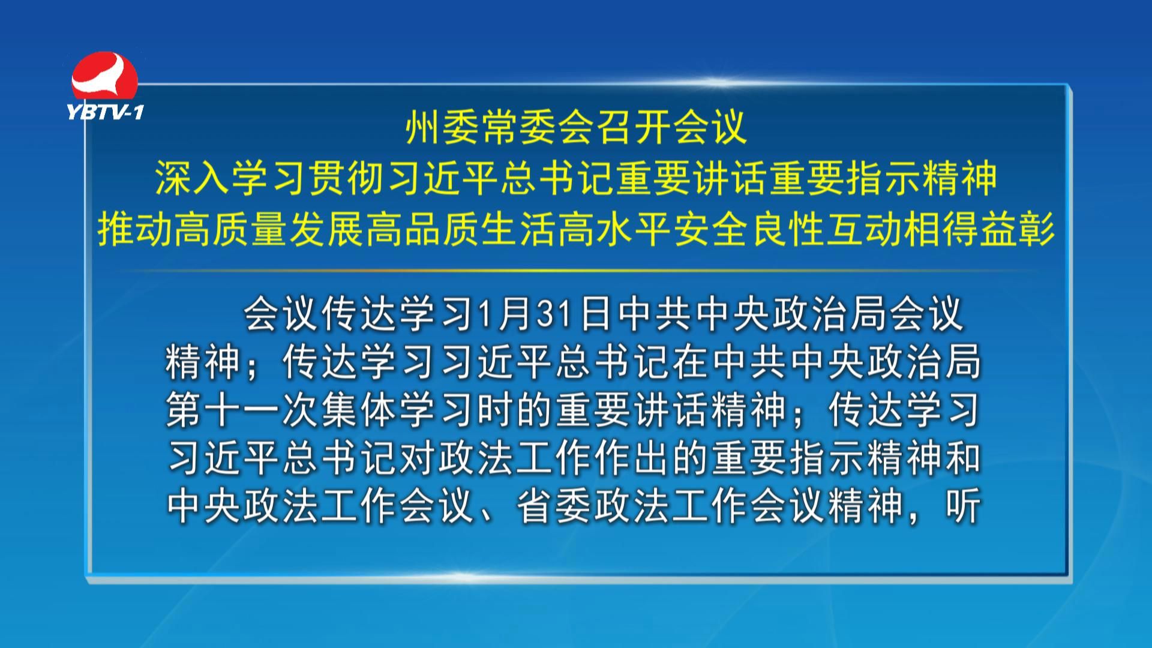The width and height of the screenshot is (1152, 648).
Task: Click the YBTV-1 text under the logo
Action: tap(106, 112)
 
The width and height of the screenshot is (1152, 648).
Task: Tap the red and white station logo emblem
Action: tap(105, 76)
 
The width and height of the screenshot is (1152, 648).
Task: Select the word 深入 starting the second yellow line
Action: tap(193, 178)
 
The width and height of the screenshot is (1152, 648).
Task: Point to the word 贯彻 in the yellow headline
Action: tap(347, 178)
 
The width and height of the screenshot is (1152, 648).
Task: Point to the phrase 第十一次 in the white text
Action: tap(242, 410)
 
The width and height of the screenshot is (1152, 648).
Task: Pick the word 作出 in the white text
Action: tap(632, 458)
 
